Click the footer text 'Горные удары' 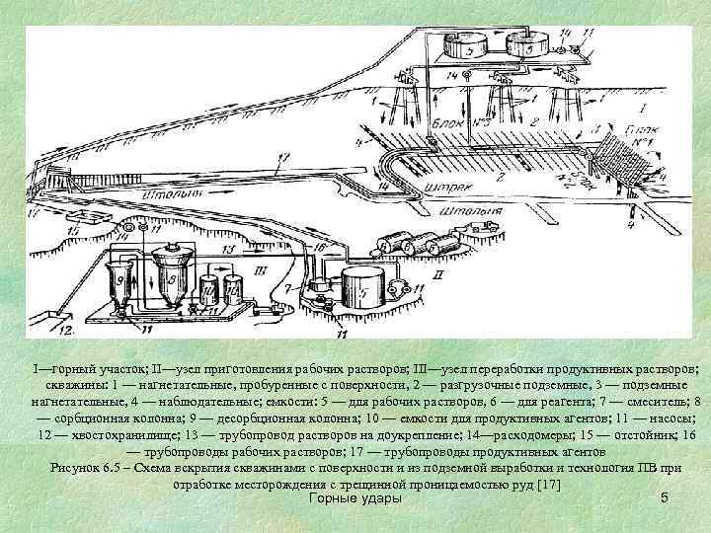click(355, 500)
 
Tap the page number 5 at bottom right click(665, 500)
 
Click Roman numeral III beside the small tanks click(260, 267)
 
